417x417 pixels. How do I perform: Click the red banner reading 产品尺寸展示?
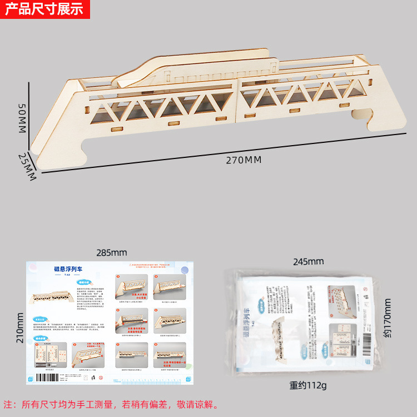pyautogui.click(x=44, y=9)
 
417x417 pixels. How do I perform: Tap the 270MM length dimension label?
pyautogui.click(x=243, y=160)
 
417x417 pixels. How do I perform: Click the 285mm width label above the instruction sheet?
pyautogui.click(x=112, y=252)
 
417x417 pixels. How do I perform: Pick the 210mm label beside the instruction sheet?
pyautogui.click(x=20, y=327)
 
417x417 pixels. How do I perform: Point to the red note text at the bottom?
pyautogui.click(x=111, y=404)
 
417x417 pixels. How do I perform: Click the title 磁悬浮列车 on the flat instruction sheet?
pyautogui.click(x=68, y=269)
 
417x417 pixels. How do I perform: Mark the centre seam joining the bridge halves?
pyautogui.click(x=238, y=100)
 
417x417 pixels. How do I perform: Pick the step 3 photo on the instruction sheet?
pyautogui.click(x=131, y=319)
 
